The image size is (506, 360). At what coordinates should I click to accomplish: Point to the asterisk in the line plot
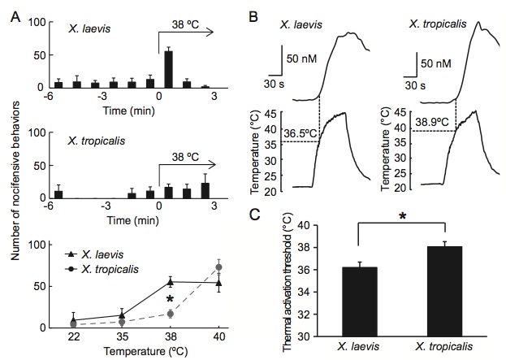pyautogui.click(x=170, y=299)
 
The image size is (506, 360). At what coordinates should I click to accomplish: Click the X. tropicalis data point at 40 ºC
pyautogui.click(x=218, y=267)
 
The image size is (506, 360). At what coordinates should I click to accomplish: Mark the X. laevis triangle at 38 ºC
pyautogui.click(x=170, y=281)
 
